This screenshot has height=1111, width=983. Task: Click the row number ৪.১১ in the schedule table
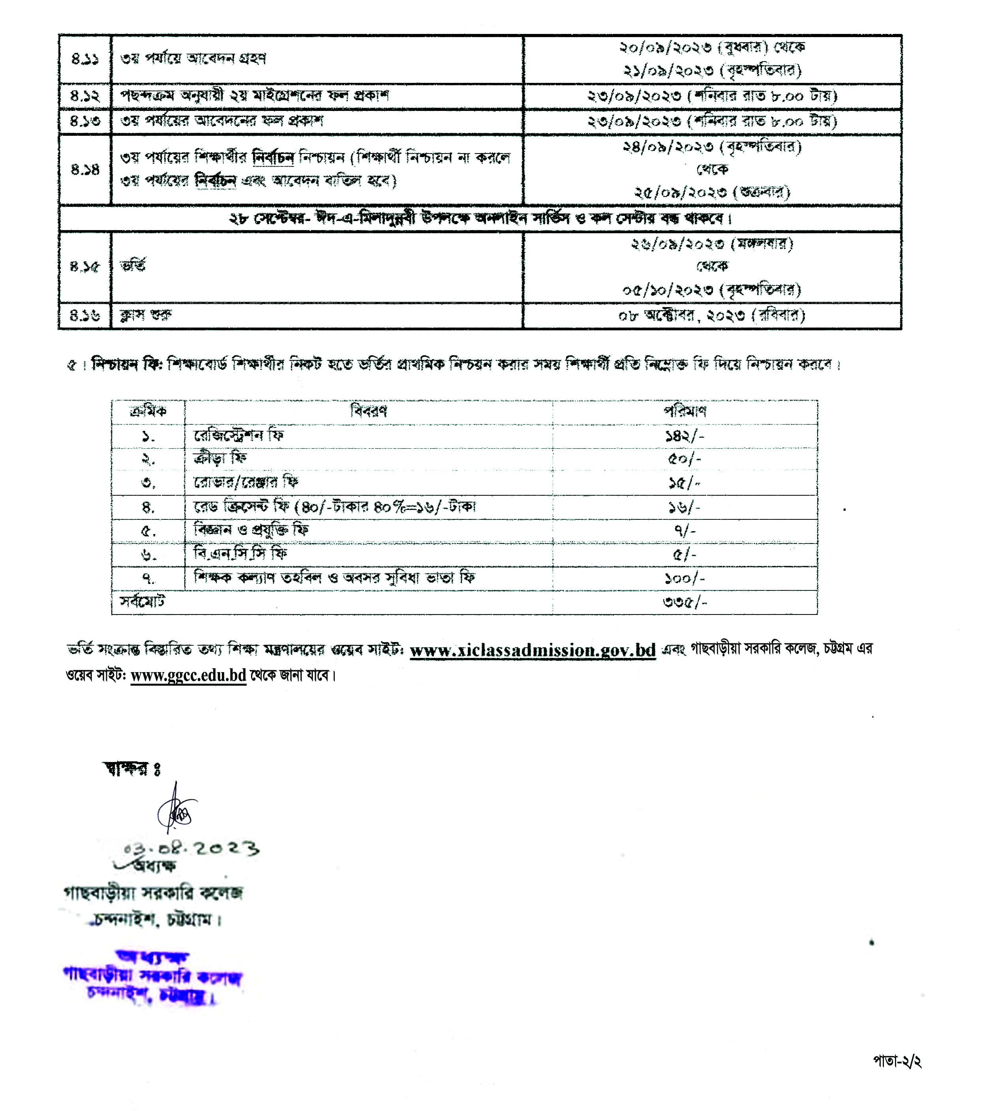click(x=85, y=59)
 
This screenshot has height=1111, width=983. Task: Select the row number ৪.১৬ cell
click(x=85, y=315)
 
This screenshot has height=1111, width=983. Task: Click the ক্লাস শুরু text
click(x=146, y=315)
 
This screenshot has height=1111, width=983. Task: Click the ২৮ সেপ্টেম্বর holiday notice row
click(x=480, y=219)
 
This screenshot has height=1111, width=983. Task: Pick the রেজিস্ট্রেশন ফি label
click(x=239, y=435)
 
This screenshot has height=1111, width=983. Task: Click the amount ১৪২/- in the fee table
click(x=685, y=436)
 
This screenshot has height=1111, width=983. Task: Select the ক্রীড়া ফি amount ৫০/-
click(x=685, y=459)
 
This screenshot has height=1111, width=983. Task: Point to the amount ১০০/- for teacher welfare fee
click(x=685, y=578)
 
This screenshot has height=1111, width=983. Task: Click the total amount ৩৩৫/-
click(x=685, y=602)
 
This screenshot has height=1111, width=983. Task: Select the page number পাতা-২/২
click(x=897, y=1060)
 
